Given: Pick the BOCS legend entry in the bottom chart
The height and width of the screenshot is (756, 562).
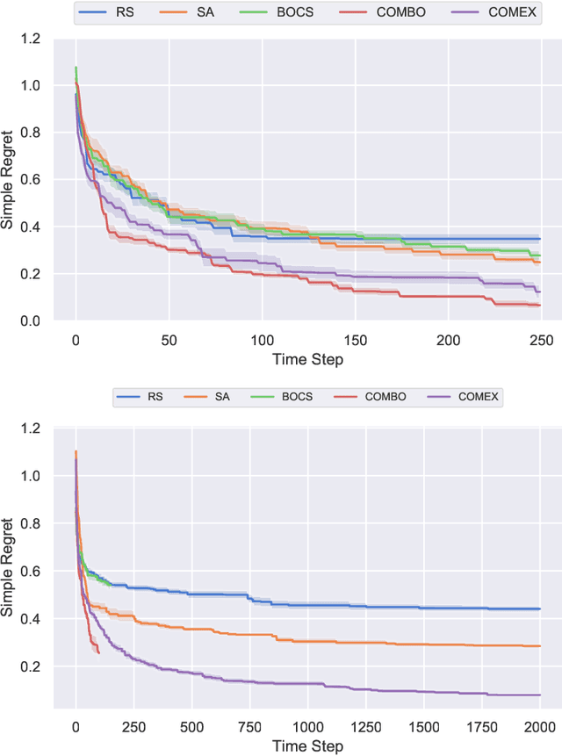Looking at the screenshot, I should click(303, 397).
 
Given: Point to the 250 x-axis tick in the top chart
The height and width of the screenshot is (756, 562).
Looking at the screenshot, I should click(542, 338).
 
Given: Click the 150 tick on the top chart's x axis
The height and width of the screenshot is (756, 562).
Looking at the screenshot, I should click(355, 338).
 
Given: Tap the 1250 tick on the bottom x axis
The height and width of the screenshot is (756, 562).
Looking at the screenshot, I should click(365, 727).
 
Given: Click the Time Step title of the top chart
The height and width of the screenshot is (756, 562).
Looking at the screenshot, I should click(308, 358).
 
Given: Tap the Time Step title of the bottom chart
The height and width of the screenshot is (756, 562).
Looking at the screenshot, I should click(308, 745).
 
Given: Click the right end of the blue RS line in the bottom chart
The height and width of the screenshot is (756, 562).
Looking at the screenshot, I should click(539, 608).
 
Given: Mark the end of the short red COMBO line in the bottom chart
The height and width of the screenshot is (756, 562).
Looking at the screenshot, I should click(99, 653).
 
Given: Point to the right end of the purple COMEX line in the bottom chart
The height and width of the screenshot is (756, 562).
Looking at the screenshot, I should click(539, 695).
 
